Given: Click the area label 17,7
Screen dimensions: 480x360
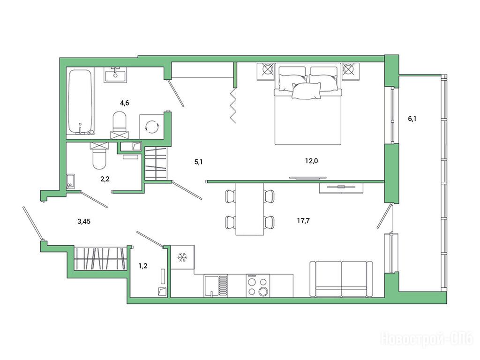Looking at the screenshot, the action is point(303,220).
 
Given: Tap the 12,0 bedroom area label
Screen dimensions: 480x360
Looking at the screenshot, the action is point(311,160).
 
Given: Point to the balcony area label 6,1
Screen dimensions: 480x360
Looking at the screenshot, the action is point(412,119).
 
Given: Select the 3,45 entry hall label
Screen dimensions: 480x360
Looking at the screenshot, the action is point(84,221).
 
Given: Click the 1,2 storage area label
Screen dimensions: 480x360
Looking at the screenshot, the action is point(143,266).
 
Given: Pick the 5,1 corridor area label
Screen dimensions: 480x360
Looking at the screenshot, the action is point(199,162).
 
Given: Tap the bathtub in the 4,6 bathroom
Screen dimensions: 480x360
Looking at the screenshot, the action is point(80,102).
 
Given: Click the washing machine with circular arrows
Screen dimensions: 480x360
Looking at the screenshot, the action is point(152,127).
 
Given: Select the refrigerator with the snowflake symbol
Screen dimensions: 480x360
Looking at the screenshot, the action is point(182,257).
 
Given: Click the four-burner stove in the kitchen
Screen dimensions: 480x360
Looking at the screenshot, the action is point(258,285).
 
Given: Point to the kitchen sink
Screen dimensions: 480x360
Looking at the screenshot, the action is point(216,285).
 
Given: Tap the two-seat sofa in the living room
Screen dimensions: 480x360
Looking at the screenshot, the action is point(341,279).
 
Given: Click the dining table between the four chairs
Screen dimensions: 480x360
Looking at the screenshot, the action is point(250,209).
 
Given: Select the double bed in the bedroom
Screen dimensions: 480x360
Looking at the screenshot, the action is point(308,104).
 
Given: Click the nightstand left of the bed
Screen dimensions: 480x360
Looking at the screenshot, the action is point(266,71).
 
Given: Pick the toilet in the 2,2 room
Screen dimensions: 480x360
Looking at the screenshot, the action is point(99,156).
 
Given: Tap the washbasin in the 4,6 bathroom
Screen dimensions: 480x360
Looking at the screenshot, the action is point(115,75).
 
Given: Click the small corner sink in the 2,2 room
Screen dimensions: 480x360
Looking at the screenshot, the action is point(70,182).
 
